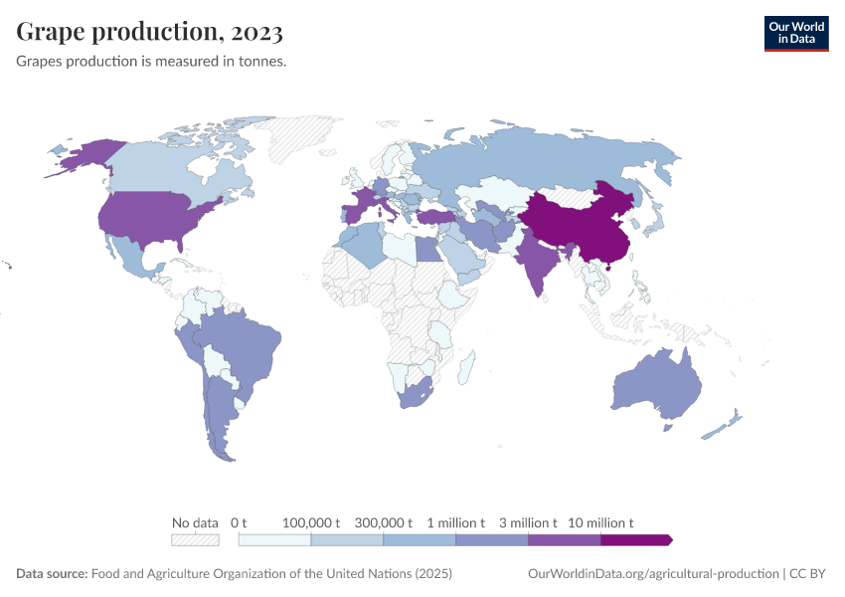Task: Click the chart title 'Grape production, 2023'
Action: pyautogui.click(x=150, y=32)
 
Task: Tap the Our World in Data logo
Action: pyautogui.click(x=795, y=32)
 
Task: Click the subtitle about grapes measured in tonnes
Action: pyautogui.click(x=151, y=62)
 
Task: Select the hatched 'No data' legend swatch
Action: pyautogui.click(x=195, y=539)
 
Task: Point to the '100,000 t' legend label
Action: pyautogui.click(x=311, y=522)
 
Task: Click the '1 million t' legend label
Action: pyautogui.click(x=456, y=522)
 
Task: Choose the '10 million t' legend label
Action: pyautogui.click(x=600, y=522)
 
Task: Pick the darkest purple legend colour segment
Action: pyautogui.click(x=636, y=539)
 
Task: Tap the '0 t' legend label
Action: pyautogui.click(x=239, y=522)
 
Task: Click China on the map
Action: pyautogui.click(x=577, y=224)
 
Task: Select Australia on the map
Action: pyautogui.click(x=656, y=388)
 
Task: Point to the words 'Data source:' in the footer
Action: pyautogui.click(x=52, y=574)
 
